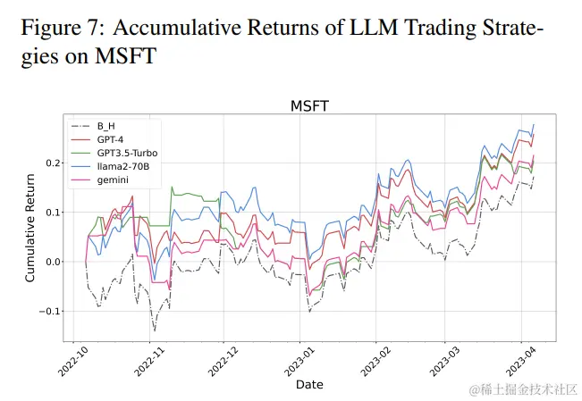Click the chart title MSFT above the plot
click(309, 106)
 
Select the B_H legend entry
click(106, 127)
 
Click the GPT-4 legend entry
click(112, 139)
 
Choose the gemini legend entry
click(112, 180)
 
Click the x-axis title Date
click(309, 384)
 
